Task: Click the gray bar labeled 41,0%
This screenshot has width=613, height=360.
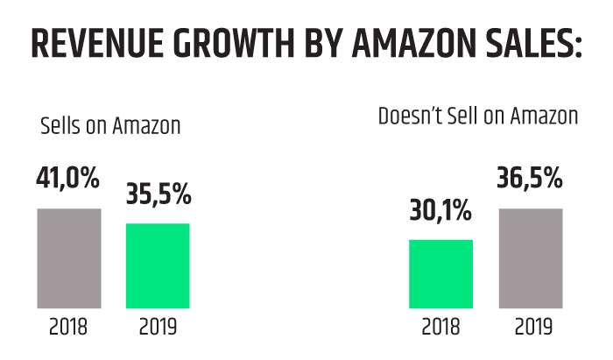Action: point(68,258)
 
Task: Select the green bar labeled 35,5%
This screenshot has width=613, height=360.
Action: point(158,265)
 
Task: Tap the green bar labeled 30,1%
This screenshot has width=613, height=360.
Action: point(440,274)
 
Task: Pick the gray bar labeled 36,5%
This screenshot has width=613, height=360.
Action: point(531,258)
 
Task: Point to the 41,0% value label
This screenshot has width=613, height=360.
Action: point(68,179)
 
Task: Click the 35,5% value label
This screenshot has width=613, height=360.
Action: point(158,194)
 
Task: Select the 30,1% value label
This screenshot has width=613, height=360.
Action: point(440,211)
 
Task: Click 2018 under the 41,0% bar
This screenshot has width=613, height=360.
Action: point(68,328)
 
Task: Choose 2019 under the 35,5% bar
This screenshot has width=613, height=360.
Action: point(158,328)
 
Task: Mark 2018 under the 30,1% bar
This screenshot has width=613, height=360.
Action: point(440,328)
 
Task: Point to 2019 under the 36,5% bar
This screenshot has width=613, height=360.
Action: point(531,328)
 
